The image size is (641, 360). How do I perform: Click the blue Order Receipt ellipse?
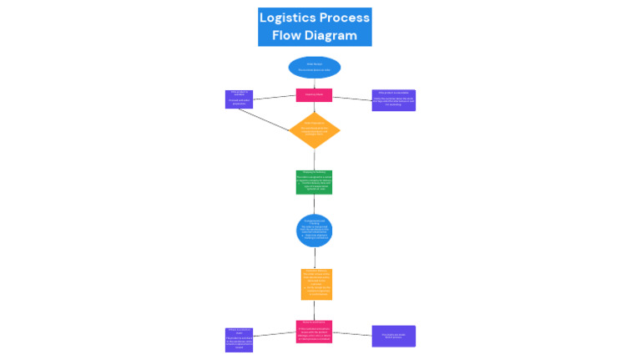tap(314, 67)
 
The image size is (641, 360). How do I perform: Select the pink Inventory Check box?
tap(314, 95)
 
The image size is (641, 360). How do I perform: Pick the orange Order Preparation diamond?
tap(315, 130)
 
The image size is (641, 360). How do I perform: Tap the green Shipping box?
tap(314, 182)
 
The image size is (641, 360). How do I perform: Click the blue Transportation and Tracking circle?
tap(314, 231)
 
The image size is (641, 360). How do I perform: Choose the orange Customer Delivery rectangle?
tap(316, 284)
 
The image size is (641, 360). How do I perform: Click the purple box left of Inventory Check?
tap(239, 99)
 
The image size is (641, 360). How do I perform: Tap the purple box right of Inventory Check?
tap(393, 100)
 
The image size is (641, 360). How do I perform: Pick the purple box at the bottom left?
tap(239, 339)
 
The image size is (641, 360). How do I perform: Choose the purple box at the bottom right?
tap(393, 336)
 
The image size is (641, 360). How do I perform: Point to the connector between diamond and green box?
tap(314, 160)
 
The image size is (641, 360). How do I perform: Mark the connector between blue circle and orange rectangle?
tap(315, 258)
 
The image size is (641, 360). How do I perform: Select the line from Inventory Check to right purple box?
tap(352, 99)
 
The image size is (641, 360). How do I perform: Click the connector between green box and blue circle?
tap(314, 205)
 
